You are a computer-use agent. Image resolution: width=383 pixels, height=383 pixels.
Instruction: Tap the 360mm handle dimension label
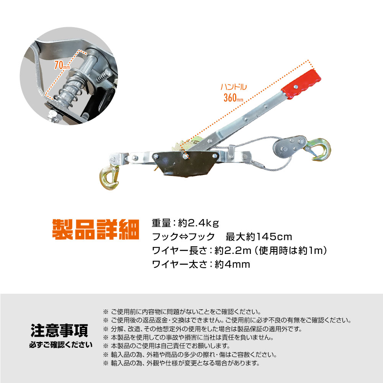tap(233, 98)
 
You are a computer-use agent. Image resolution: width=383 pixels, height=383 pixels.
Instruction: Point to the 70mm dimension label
tap(62, 65)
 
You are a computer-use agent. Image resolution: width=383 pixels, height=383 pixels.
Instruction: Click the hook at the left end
tap(109, 177)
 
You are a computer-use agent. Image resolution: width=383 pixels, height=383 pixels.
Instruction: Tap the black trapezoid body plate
tap(185, 164)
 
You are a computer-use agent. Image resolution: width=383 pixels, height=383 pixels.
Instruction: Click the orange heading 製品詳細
tap(96, 229)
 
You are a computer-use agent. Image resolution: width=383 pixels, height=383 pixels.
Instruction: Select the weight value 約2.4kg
tap(198, 223)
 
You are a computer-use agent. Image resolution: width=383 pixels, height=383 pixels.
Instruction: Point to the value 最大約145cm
tap(259, 237)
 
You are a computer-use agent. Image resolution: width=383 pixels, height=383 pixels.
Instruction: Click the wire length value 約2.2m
tap(233, 250)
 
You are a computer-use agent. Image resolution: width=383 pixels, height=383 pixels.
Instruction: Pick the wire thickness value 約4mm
tap(232, 264)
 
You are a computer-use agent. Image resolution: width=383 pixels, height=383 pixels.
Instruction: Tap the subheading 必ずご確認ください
tap(61, 345)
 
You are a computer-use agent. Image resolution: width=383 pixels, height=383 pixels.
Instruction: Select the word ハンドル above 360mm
tap(234, 87)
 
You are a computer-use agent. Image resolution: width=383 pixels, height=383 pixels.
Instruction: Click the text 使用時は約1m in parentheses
tap(291, 250)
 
